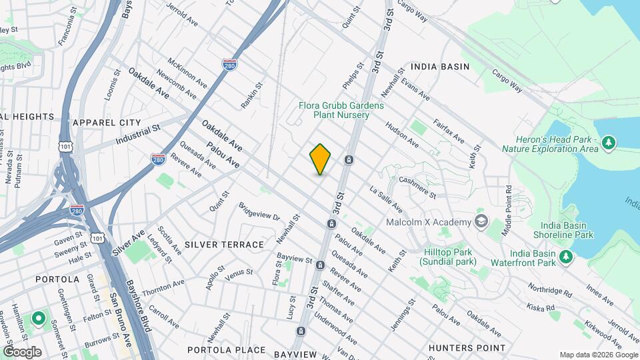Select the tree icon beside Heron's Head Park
click(x=607, y=143)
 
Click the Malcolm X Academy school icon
click(x=481, y=221)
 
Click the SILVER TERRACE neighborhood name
click(x=224, y=245)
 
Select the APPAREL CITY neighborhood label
click(x=107, y=123)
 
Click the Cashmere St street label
click(x=417, y=187)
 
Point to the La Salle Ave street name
click(x=386, y=199)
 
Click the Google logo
click(x=22, y=351)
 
